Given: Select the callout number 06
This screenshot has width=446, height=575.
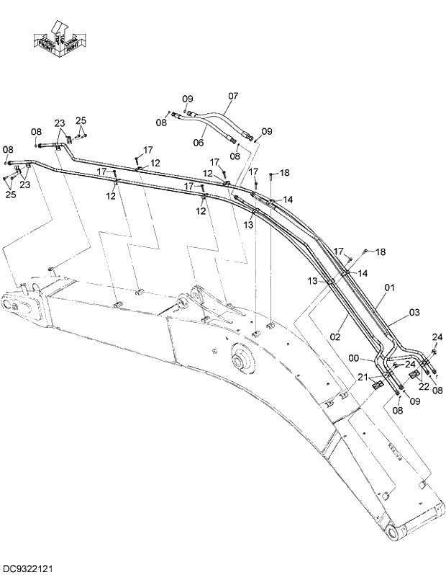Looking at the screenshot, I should (199, 142).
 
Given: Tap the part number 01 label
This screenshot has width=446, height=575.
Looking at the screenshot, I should (389, 287).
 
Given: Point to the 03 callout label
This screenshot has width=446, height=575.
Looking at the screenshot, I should (414, 312).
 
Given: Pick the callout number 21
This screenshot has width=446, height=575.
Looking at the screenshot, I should (363, 377).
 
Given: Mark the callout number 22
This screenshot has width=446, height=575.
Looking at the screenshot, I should (424, 386).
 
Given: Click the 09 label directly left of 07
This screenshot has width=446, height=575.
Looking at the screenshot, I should (187, 99).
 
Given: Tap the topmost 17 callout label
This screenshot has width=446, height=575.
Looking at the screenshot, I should (147, 150).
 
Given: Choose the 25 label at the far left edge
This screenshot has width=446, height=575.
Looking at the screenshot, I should (9, 194).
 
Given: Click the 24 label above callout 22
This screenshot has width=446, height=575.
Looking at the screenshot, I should (437, 337).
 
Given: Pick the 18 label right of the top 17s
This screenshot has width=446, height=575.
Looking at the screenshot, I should (284, 172).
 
